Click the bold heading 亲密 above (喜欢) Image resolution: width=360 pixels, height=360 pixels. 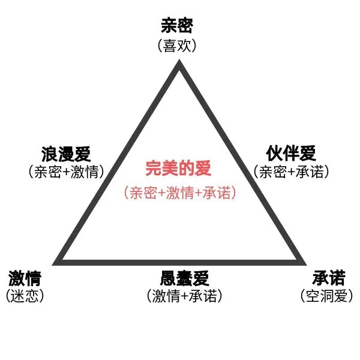(178, 26)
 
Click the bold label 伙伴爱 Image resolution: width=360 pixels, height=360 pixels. (291, 153)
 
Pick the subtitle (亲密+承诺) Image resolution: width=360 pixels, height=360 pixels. (292, 172)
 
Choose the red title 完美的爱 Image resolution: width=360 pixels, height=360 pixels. (178, 169)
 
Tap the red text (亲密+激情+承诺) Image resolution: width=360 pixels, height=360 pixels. (178, 193)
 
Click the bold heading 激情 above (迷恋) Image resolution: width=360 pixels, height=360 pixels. (25, 278)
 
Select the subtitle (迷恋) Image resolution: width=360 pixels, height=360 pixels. (25, 296)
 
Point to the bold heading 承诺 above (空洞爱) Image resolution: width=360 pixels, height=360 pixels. (329, 278)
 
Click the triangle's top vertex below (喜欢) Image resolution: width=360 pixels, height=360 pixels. (178, 64)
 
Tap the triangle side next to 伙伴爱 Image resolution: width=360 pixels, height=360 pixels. (241, 163)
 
